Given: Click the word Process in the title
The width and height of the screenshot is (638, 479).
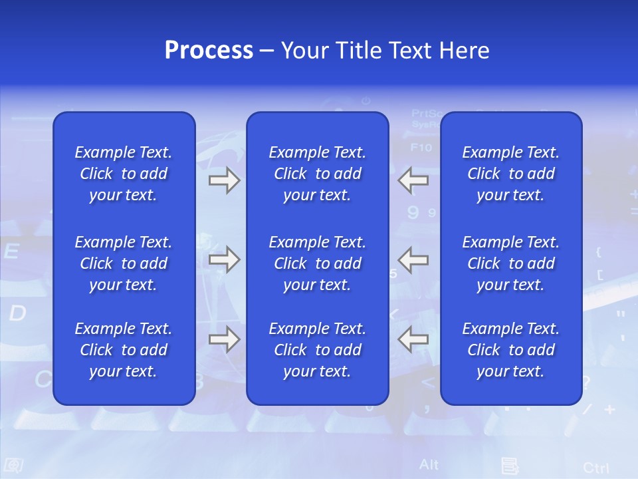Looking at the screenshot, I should pos(209,51).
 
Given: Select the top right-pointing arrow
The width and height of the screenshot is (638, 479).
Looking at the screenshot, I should pos(224,180).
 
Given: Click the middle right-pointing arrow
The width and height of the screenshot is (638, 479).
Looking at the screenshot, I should pos(224,259).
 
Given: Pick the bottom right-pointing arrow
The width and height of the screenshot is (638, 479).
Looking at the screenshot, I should pos(224,339).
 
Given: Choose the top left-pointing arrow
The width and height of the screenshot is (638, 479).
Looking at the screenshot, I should pos(413,180).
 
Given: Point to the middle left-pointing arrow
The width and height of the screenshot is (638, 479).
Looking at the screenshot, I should pos(413,259).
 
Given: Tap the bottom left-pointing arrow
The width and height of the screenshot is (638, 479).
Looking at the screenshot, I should pos(413,339).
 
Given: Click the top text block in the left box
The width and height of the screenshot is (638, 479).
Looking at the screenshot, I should pos(124,174).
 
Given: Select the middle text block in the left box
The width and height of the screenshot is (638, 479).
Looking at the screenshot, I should pos(124,263).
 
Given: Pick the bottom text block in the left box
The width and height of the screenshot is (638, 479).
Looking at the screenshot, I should pos(124,350).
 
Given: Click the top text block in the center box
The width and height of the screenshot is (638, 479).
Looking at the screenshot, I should pos(317,174).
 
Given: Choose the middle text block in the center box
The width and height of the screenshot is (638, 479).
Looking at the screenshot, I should pos(317,263).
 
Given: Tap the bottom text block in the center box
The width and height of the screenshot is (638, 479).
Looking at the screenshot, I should pos(317,350).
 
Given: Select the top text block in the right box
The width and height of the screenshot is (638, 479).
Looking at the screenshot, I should pos(511,174).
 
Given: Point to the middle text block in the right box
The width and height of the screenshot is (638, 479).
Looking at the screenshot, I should pos(511,263).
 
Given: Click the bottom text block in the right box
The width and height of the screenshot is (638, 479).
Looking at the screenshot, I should pos(511,350).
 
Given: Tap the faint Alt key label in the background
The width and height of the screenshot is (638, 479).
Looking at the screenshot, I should pos(429,464).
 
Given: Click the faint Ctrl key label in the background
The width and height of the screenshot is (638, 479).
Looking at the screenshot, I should pos(595,467).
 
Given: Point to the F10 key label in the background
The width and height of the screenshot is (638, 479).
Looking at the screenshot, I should pos(421,147).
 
